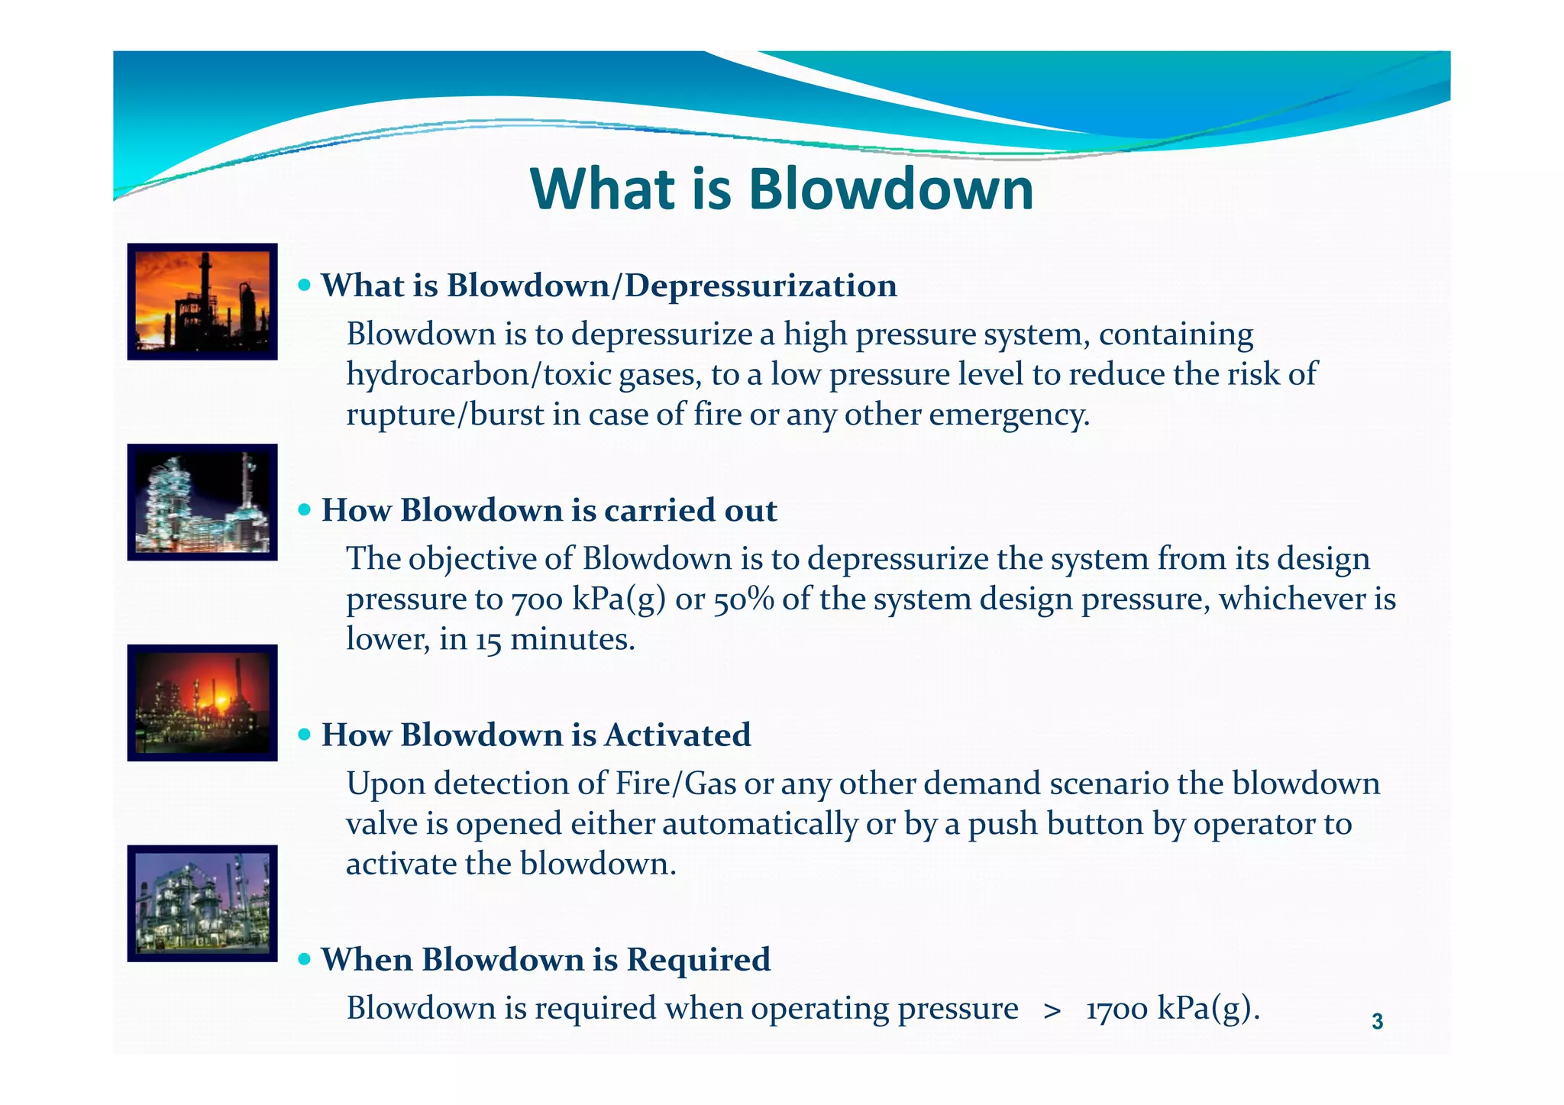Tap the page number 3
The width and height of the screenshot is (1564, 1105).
[x=1377, y=1021]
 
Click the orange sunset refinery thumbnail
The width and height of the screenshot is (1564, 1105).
[x=202, y=302]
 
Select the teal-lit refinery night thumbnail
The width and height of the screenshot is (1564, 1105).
[x=202, y=502]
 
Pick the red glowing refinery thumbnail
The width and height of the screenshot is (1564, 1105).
[x=202, y=703]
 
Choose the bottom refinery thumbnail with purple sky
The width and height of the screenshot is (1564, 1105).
[x=202, y=903]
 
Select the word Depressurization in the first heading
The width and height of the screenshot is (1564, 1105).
[x=760, y=286]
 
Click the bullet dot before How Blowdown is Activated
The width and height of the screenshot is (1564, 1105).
[x=305, y=735]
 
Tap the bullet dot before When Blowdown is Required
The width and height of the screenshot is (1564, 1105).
[x=305, y=959]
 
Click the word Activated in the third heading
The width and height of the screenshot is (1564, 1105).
[x=678, y=735]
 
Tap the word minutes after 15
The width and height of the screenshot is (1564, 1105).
[x=572, y=639]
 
